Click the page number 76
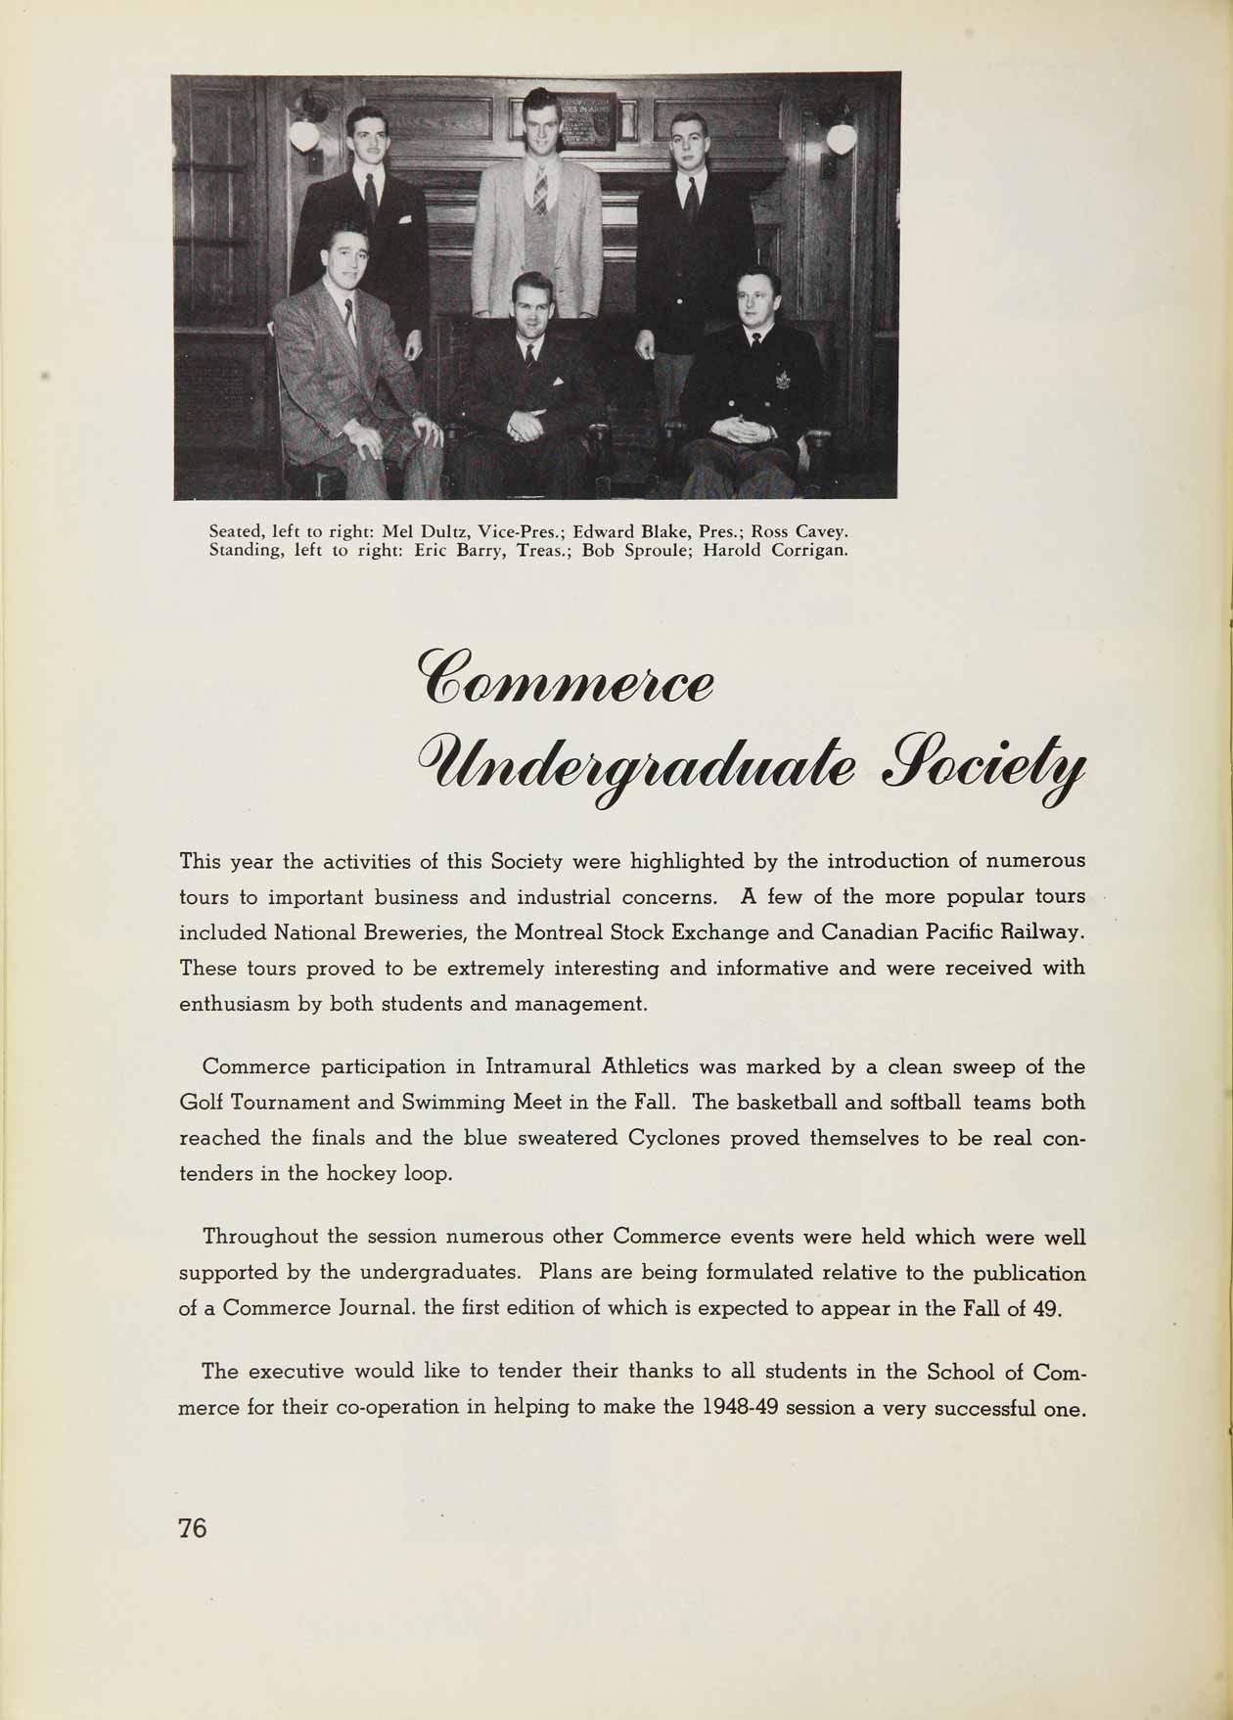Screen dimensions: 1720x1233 pyautogui.click(x=193, y=1526)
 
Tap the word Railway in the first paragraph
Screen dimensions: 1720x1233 pyautogui.click(x=1046, y=932)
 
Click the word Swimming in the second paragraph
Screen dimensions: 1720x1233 pyautogui.click(x=451, y=1103)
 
